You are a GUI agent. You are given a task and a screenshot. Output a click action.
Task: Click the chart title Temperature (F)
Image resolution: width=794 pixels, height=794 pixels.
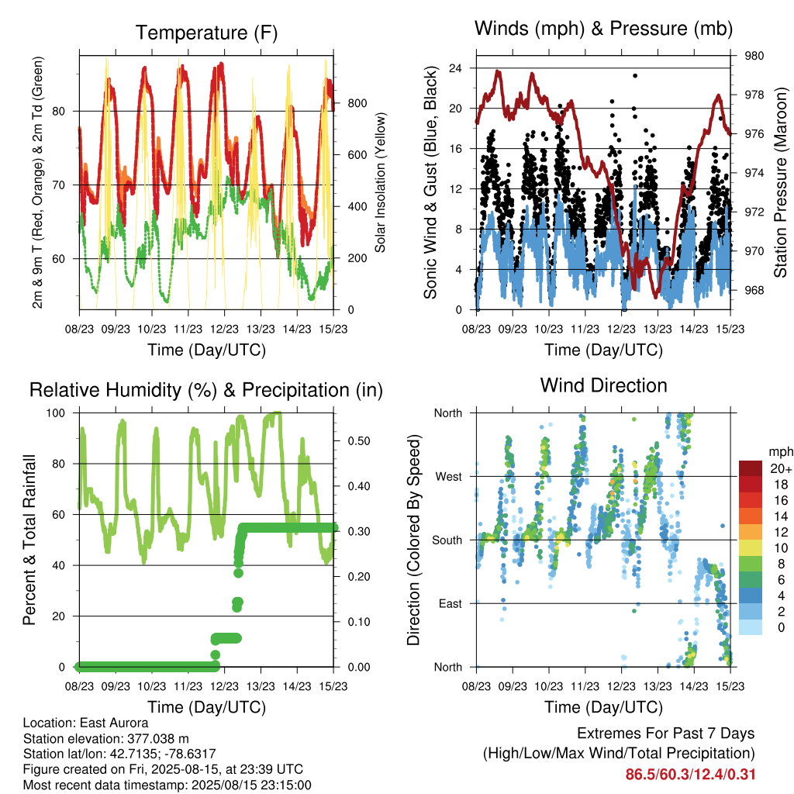[x=206, y=33]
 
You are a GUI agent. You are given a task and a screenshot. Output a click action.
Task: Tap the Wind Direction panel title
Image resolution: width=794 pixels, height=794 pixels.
[x=603, y=385]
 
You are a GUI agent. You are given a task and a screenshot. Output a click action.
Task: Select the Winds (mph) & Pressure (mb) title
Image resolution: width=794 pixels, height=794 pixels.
[x=603, y=29]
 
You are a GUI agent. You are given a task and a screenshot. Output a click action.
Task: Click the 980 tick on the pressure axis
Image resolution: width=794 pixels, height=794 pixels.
[x=754, y=56]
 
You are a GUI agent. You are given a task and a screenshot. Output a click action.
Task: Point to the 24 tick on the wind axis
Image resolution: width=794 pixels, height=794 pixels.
[x=455, y=68]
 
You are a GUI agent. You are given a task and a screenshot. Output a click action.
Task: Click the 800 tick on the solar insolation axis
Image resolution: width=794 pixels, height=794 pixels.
[x=357, y=103]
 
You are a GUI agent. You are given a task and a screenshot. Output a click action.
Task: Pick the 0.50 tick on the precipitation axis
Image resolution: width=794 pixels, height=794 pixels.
[x=359, y=441]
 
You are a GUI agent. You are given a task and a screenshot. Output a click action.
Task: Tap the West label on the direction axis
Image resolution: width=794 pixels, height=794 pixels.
[x=449, y=477]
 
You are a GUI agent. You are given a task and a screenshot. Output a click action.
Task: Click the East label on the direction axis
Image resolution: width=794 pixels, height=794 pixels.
[x=451, y=603]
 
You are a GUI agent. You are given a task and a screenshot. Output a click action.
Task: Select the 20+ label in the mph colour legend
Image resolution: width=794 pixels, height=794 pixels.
[x=781, y=468]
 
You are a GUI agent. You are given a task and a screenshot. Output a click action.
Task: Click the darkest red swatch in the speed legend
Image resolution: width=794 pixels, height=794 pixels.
[x=751, y=468]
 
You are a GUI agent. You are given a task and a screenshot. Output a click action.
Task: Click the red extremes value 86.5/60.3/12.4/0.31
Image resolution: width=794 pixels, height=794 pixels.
[x=690, y=775]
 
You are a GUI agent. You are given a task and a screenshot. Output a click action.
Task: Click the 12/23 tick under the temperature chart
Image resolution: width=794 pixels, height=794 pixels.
[x=224, y=330]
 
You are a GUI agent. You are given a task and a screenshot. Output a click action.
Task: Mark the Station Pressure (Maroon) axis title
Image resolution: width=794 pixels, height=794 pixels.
[x=780, y=182]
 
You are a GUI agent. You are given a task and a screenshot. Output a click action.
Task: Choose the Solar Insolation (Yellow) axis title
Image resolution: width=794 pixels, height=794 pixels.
[x=380, y=182]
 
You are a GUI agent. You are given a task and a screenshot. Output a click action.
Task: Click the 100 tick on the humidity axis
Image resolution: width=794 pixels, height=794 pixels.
[x=56, y=413]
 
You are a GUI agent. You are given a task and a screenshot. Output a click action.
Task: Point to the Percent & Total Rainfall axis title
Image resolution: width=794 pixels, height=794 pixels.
[x=29, y=540]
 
